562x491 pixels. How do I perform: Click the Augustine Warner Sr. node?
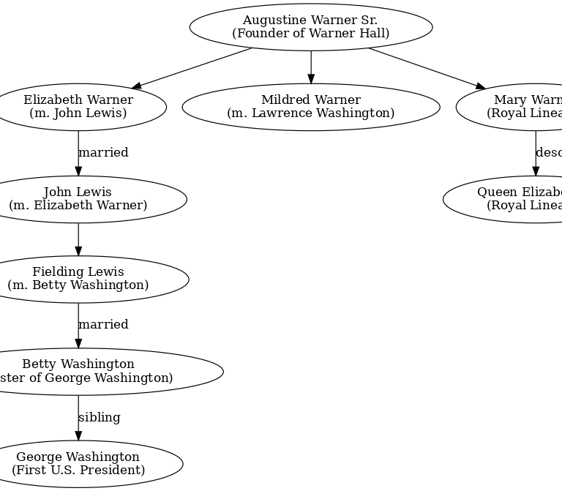point(310,27)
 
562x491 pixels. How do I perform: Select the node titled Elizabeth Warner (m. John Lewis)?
point(78,107)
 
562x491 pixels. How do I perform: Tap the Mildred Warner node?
point(310,107)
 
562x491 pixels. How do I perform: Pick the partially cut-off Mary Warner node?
point(520,107)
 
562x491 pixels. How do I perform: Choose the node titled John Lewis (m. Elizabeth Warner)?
point(78,199)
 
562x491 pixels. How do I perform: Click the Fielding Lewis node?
point(78,279)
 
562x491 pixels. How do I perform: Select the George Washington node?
point(78,463)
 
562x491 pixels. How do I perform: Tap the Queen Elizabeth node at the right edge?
point(512,199)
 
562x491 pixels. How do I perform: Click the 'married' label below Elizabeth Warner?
point(103,153)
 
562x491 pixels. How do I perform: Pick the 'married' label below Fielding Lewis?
point(103,324)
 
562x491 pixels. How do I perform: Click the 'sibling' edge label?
point(99,417)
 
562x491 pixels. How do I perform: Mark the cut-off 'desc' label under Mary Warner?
point(549,153)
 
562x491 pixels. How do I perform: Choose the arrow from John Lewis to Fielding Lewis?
point(78,239)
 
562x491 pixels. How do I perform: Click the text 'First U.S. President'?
point(78,470)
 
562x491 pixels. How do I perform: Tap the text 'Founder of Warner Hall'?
point(310,34)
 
